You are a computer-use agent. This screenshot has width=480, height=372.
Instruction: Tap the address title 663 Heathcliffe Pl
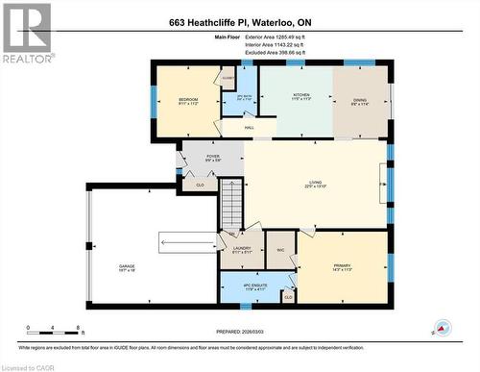(x=239, y=23)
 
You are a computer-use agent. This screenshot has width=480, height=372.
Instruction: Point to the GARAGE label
(x=127, y=266)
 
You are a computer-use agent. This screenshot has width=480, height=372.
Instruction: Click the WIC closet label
(x=281, y=250)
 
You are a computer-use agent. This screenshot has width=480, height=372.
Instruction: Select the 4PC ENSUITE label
(x=245, y=285)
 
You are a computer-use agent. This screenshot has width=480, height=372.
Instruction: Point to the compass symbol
(x=441, y=328)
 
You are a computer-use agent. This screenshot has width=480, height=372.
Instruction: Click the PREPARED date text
(x=239, y=332)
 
